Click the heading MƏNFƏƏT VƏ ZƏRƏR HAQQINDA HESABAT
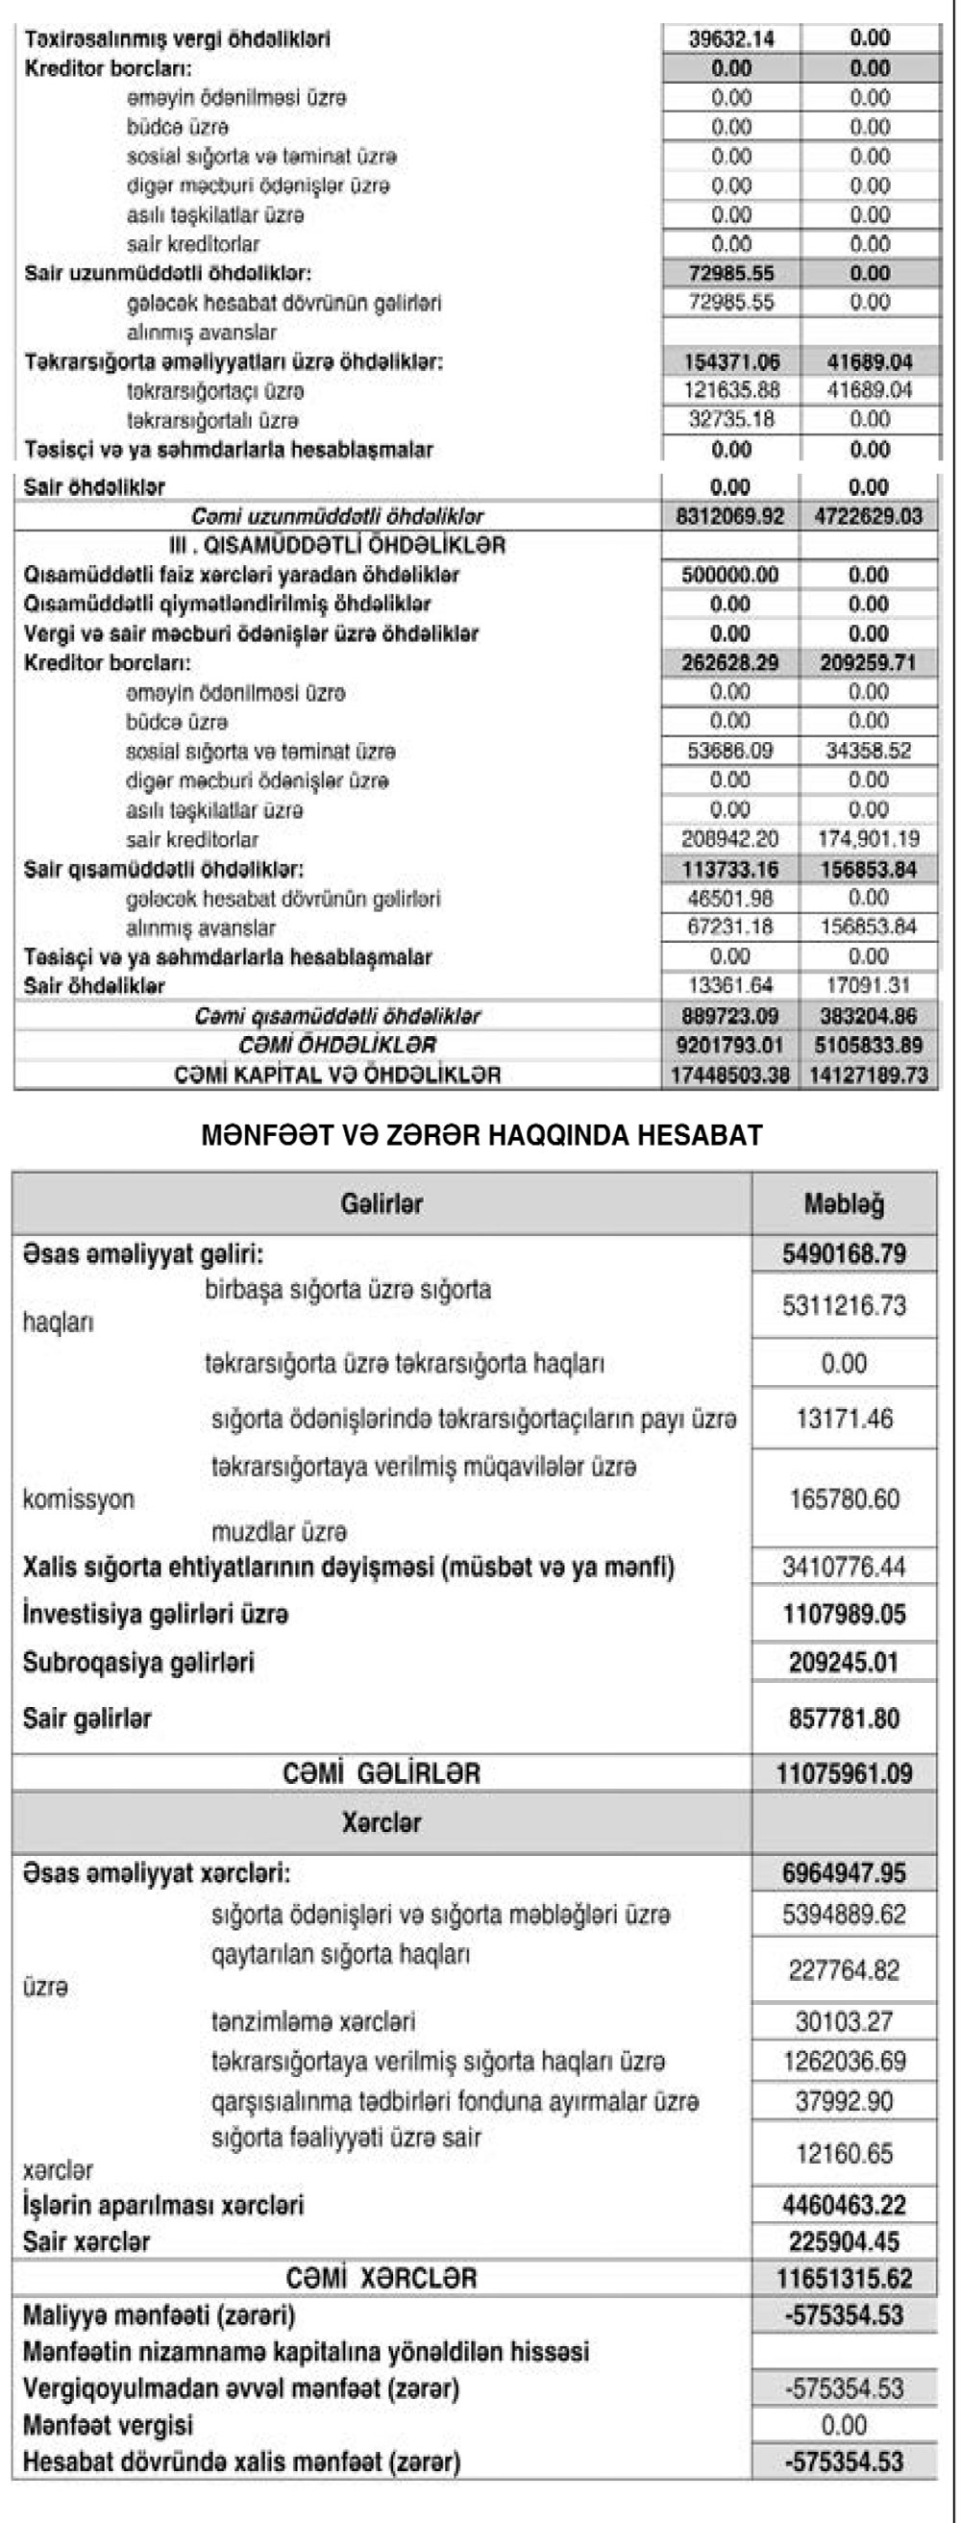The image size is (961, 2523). pyautogui.click(x=481, y=1136)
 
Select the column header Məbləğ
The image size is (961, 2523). pyautogui.click(x=844, y=1203)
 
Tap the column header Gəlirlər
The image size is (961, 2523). pyautogui.click(x=382, y=1203)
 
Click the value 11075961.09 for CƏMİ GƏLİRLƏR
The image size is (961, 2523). pyautogui.click(x=844, y=1773)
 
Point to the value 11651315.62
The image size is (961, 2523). pyautogui.click(x=844, y=2278)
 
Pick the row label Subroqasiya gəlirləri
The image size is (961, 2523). pyautogui.click(x=138, y=1662)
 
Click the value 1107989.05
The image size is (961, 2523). pyautogui.click(x=844, y=1614)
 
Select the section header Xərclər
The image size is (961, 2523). pyautogui.click(x=382, y=1822)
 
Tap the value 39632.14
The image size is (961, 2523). pyautogui.click(x=730, y=39)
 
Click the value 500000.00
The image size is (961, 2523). pyautogui.click(x=729, y=575)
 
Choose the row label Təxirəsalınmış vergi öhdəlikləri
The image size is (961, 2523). pyautogui.click(x=178, y=39)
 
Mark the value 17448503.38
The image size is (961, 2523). pyautogui.click(x=729, y=1075)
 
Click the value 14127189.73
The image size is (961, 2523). pyautogui.click(x=869, y=1075)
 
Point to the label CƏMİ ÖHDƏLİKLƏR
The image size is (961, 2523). pyautogui.click(x=337, y=1045)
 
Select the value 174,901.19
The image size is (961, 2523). pyautogui.click(x=869, y=839)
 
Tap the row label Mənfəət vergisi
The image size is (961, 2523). pyautogui.click(x=108, y=2425)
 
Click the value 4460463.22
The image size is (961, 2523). pyautogui.click(x=844, y=2205)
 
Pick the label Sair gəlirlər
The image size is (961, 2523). pyautogui.click(x=87, y=1718)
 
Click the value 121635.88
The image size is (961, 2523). pyautogui.click(x=730, y=391)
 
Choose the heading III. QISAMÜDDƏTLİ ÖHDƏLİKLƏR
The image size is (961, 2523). pyautogui.click(x=337, y=546)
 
